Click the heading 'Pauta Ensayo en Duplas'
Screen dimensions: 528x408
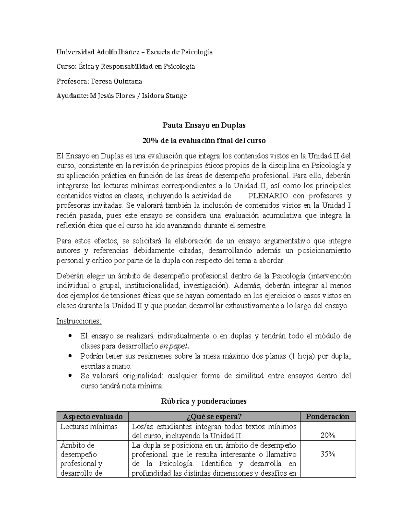click(x=203, y=125)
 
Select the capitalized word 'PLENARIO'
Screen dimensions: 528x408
click(x=269, y=196)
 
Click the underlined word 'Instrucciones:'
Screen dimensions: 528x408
click(x=79, y=321)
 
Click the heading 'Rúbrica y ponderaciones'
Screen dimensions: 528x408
click(x=203, y=401)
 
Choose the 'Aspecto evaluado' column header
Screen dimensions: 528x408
click(x=91, y=417)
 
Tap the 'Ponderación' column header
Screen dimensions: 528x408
click(x=328, y=417)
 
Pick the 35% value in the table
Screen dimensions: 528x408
click(x=328, y=454)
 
